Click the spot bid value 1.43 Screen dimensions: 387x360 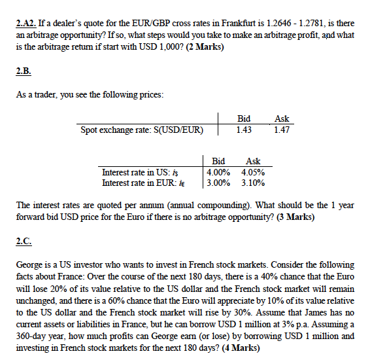click(244, 130)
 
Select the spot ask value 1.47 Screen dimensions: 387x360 click(282, 130)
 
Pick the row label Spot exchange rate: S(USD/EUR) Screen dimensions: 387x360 click(139, 130)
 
